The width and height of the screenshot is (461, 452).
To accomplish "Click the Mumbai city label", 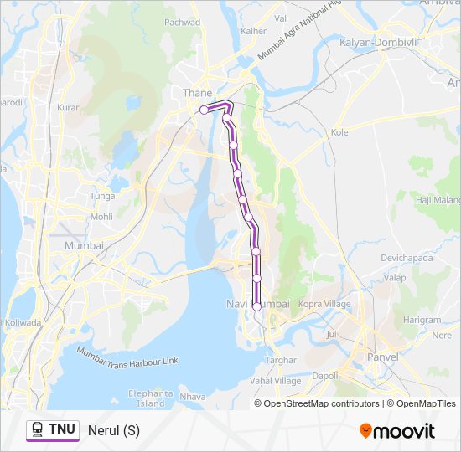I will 84,246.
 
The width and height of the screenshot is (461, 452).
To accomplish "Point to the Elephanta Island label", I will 151,398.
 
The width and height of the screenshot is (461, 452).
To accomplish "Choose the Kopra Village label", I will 324,304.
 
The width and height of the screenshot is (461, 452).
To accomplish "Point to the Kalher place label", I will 253,31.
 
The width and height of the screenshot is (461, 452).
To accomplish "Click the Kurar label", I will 67,107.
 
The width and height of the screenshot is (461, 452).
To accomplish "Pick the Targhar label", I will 281,360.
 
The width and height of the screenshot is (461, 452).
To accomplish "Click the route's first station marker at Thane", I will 204,110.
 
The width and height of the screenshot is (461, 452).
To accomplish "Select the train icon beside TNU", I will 38,430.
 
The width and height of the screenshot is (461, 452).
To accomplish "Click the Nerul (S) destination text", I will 114,431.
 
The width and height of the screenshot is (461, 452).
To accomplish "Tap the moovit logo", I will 397,431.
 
